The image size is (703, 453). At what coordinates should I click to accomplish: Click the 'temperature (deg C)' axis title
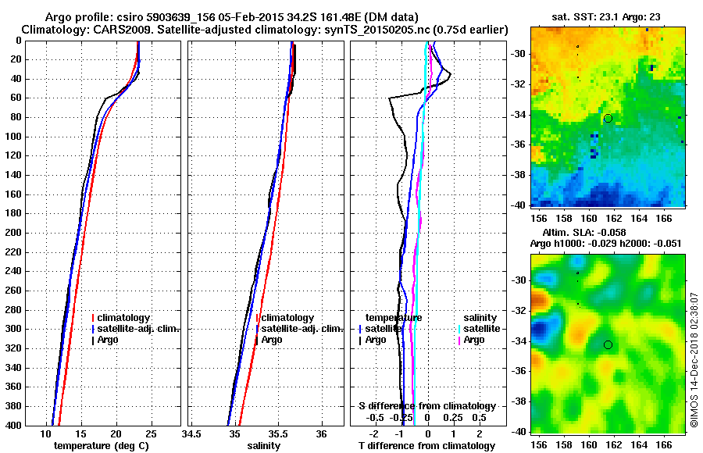101,446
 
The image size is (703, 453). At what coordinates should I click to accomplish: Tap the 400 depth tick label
12,426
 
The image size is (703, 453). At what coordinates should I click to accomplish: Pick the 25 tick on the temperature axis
151,433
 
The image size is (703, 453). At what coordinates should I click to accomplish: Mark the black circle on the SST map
608,119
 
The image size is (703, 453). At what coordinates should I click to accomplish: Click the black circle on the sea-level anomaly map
608,344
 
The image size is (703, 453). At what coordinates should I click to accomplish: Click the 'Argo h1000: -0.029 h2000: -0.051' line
605,244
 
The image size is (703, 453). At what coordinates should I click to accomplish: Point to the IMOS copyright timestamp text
694,360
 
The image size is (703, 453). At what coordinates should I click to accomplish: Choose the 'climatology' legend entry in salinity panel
288,318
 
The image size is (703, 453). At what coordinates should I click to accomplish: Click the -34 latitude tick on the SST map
517,115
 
